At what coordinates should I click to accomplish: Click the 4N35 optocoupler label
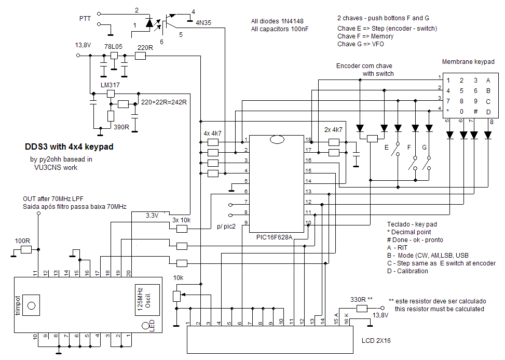pyautogui.click(x=203, y=22)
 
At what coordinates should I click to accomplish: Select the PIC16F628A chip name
pyautogui.click(x=274, y=237)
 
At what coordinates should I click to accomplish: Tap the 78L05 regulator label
pyautogui.click(x=113, y=46)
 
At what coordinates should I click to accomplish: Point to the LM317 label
pyautogui.click(x=110, y=85)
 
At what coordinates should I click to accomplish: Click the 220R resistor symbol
pyautogui.click(x=140, y=56)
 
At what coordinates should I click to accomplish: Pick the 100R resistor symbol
pyautogui.click(x=26, y=249)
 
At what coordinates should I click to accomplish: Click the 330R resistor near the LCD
pyautogui.click(x=362, y=309)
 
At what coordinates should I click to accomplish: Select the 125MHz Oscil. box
pyautogui.click(x=147, y=300)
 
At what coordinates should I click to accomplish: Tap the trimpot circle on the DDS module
pyautogui.click(x=31, y=305)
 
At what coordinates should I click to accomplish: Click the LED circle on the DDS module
pyautogui.click(x=145, y=326)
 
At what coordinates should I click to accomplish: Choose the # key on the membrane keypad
pyautogui.click(x=475, y=112)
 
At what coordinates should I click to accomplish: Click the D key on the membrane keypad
pyautogui.click(x=488, y=112)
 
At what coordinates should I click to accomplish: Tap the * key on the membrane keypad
pyautogui.click(x=448, y=111)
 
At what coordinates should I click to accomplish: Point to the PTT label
pyautogui.click(x=85, y=19)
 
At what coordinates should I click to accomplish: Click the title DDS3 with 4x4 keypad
pyautogui.click(x=69, y=146)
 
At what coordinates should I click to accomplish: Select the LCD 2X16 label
pyautogui.click(x=376, y=340)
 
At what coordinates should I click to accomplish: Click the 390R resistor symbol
pyautogui.click(x=111, y=116)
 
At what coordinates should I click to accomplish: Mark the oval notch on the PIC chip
pyautogui.click(x=277, y=140)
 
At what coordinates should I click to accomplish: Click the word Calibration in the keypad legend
pyautogui.click(x=412, y=271)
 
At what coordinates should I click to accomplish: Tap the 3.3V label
pyautogui.click(x=152, y=215)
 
